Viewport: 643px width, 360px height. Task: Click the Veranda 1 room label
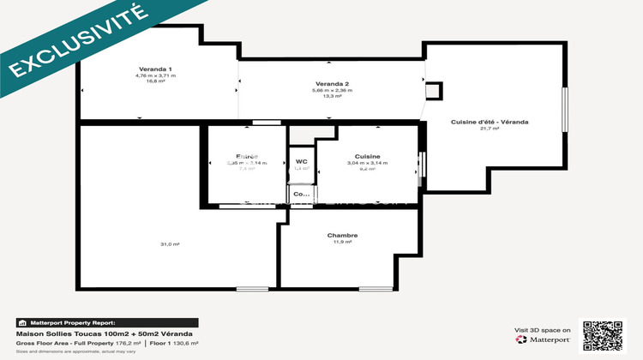155,69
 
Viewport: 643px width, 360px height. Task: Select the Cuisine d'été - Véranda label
490,123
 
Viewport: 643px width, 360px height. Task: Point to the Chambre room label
342,236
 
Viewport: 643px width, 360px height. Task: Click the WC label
302,161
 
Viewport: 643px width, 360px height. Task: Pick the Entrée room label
246,156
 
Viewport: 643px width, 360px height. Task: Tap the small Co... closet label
301,195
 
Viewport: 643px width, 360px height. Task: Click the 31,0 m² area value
170,244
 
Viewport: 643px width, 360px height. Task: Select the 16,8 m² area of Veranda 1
155,81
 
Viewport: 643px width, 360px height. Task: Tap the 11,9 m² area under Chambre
342,243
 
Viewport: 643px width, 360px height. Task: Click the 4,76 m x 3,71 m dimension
155,75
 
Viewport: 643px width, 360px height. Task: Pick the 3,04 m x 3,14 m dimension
368,163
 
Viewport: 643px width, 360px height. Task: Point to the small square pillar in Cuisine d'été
434,91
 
